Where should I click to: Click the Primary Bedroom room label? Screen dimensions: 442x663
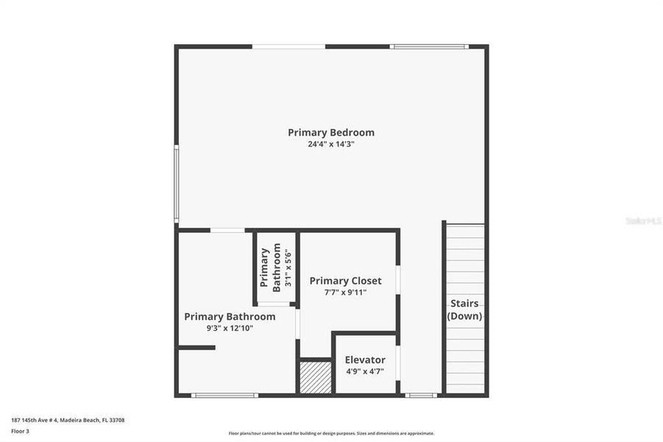[x=330, y=133]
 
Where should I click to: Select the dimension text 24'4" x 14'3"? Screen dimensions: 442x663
[x=330, y=144]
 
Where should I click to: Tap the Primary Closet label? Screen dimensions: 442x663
[x=345, y=281]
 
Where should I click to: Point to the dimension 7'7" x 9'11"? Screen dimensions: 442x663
[x=345, y=292]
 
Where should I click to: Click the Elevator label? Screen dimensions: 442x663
[x=365, y=359]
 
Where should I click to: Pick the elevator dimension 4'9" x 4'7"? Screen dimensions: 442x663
[x=365, y=371]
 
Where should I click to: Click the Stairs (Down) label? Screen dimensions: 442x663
[x=464, y=309]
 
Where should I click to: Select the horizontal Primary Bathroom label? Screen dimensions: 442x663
[x=230, y=317]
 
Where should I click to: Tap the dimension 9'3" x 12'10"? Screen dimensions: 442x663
[x=229, y=329]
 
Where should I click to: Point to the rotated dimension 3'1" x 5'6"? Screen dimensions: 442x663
[x=288, y=268]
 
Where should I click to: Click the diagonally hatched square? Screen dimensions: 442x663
[x=315, y=377]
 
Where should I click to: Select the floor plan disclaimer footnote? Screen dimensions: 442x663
[x=331, y=433]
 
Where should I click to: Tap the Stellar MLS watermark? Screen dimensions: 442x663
[x=642, y=220]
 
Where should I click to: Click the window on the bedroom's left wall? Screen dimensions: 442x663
[x=177, y=184]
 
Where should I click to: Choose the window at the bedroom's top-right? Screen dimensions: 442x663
[x=428, y=46]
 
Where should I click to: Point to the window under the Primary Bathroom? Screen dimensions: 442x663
[x=224, y=396]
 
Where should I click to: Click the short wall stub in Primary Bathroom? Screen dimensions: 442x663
[x=196, y=347]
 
